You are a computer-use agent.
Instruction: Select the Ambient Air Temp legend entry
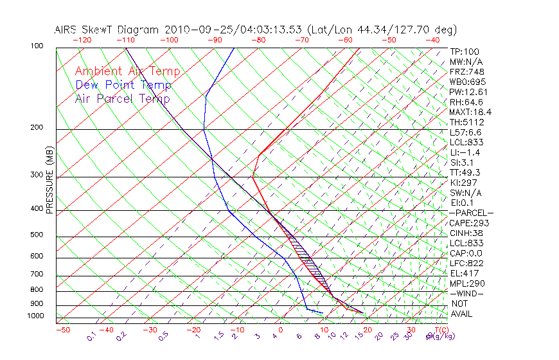coord(127,71)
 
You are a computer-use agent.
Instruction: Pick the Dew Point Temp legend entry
coord(123,85)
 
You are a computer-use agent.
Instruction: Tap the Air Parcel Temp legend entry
coord(122,98)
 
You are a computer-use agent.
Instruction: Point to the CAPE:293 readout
coord(469,223)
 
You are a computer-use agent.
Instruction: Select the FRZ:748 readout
coord(466,71)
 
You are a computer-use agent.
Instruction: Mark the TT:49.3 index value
coord(465,172)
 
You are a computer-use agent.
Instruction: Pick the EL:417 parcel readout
coord(463,273)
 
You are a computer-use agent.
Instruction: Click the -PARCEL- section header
coord(471,213)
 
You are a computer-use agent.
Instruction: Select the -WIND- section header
coord(466,293)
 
